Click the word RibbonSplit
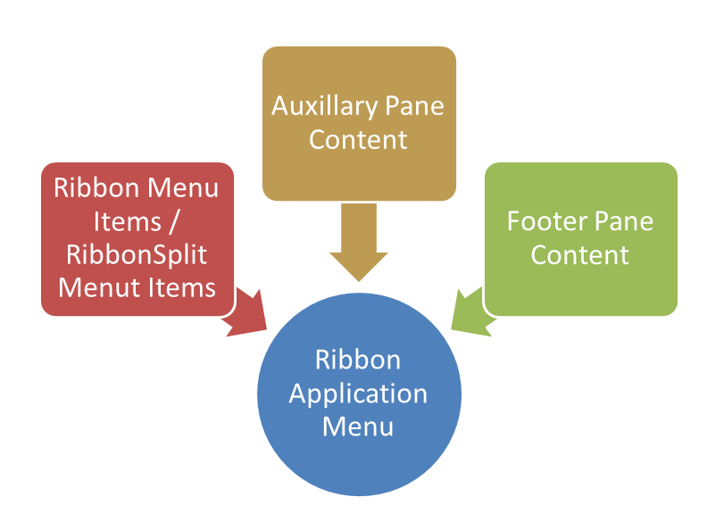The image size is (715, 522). point(137,254)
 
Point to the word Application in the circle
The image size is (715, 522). point(358,394)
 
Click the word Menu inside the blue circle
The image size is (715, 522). point(358,426)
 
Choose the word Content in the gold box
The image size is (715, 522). point(358,140)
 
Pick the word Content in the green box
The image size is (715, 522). point(580,254)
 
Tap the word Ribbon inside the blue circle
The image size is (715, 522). point(358,360)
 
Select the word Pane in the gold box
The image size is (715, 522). point(413,107)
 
